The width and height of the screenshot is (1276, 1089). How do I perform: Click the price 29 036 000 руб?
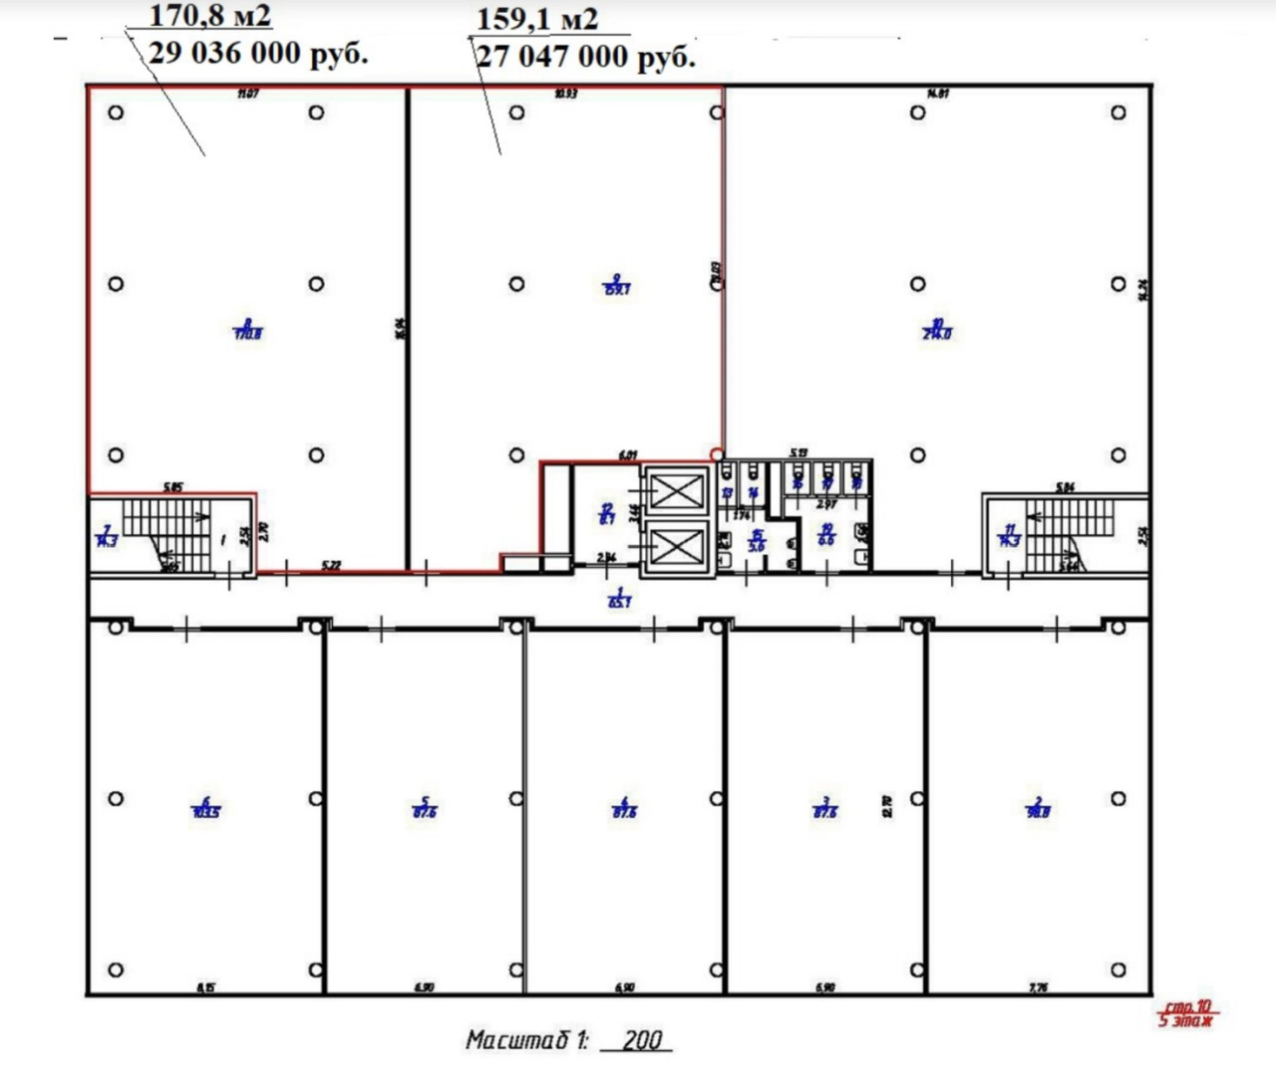[258, 53]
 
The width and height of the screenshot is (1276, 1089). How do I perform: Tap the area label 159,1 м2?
[537, 19]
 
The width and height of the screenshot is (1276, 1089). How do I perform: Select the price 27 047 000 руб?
[585, 56]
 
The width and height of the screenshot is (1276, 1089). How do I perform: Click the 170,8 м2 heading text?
[209, 16]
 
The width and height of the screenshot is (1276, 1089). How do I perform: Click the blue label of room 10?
[936, 329]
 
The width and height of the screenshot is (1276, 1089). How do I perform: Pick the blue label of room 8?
[247, 330]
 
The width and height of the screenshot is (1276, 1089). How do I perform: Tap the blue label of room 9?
[617, 285]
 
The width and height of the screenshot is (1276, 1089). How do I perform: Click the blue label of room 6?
[205, 807]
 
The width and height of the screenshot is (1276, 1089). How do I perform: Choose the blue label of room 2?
[1038, 807]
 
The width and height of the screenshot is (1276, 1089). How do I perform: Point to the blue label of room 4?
[624, 807]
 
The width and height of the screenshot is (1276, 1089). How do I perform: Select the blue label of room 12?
[606, 513]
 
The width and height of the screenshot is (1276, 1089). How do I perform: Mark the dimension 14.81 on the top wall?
[937, 94]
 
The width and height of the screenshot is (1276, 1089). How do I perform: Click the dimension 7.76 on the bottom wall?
[1038, 987]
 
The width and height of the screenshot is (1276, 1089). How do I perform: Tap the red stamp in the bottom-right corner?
[1186, 1013]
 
